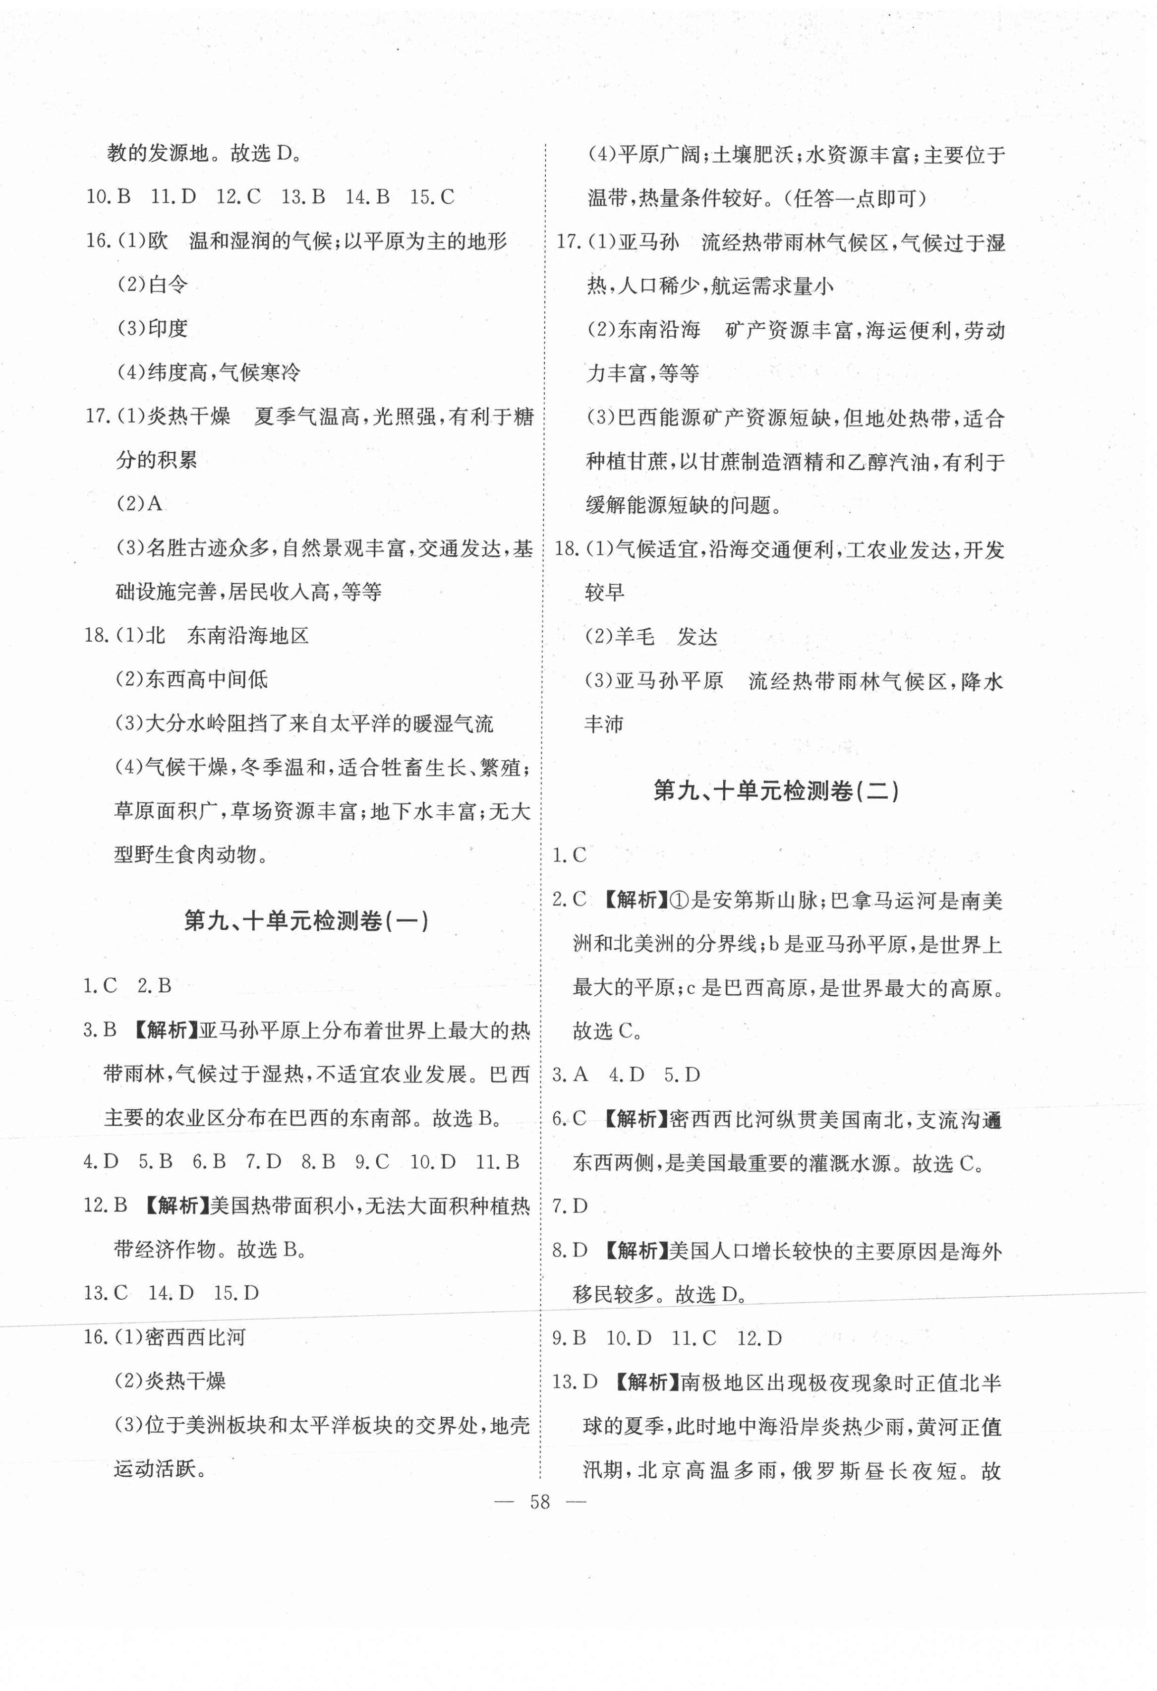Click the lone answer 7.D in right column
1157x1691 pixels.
570,1207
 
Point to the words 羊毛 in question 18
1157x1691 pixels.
635,637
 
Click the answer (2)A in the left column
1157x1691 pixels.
139,503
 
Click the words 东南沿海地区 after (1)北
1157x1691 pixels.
248,636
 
